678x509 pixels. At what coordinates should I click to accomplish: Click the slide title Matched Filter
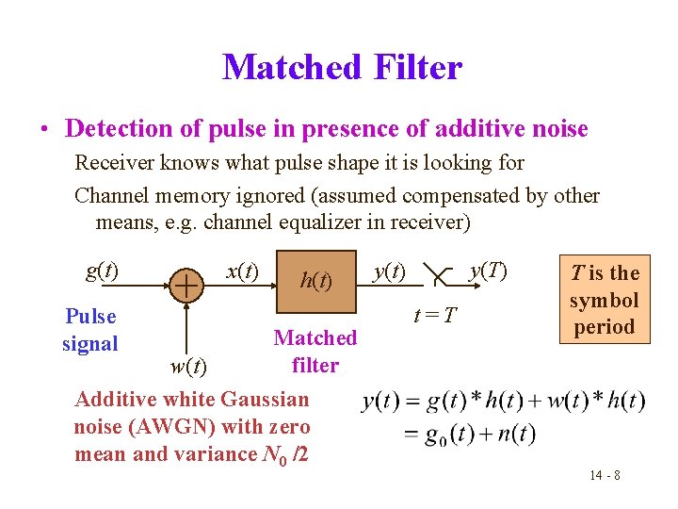coord(342,67)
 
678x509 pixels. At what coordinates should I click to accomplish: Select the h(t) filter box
coord(315,280)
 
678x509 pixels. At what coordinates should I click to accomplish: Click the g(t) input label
coord(102,271)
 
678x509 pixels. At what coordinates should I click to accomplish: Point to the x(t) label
coord(242,271)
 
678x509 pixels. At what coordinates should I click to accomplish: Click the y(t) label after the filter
coord(389,271)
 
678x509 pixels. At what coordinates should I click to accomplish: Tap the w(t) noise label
coord(188,364)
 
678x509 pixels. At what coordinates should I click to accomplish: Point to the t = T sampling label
coord(436,314)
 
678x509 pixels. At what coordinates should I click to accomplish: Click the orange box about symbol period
coord(604,300)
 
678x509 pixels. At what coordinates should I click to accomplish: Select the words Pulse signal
coord(90,330)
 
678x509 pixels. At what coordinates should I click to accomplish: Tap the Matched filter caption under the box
coord(315,351)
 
